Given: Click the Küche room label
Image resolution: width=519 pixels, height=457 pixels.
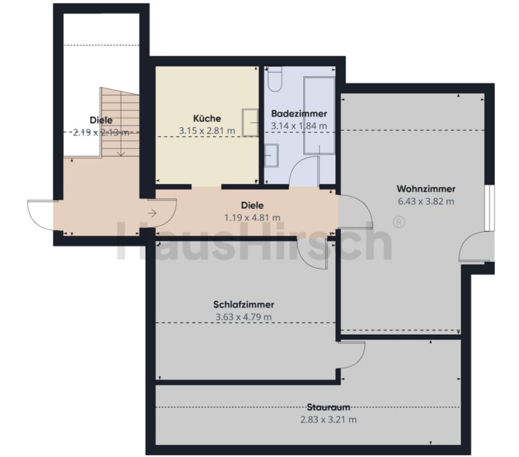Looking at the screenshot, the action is click(x=207, y=118).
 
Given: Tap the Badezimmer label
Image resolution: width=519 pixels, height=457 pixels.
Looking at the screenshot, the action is click(x=299, y=114).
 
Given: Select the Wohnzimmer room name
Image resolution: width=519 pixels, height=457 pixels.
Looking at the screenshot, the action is click(x=426, y=188).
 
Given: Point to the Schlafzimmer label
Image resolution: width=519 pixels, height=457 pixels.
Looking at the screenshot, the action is click(x=244, y=304).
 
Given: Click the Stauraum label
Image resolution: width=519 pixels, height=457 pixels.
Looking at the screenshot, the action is click(x=329, y=407).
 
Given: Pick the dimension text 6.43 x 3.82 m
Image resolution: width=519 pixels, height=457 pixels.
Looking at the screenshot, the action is click(x=426, y=201).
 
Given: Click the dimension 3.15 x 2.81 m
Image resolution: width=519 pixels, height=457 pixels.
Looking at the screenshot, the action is click(x=207, y=130).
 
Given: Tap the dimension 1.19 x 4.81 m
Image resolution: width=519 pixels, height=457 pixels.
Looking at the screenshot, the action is click(x=252, y=218).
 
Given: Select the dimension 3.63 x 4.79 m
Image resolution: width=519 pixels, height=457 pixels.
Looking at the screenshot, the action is click(x=244, y=317).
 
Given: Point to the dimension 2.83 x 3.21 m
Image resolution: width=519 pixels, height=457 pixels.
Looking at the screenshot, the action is click(x=329, y=419).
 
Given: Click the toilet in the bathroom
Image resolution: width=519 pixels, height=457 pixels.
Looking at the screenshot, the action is click(x=274, y=79).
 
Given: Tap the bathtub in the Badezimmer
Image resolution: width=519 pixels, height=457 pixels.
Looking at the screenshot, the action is click(x=319, y=115).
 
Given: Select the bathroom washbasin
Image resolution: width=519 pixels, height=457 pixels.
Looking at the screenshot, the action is click(x=271, y=155).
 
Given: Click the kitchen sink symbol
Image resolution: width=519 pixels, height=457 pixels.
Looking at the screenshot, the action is click(x=250, y=122).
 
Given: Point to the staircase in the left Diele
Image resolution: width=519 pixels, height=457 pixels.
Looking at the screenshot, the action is click(x=119, y=122).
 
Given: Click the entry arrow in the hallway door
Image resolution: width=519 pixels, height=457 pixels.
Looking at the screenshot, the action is click(x=152, y=213).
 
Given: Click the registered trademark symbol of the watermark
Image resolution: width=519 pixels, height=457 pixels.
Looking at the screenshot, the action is click(x=399, y=222).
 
